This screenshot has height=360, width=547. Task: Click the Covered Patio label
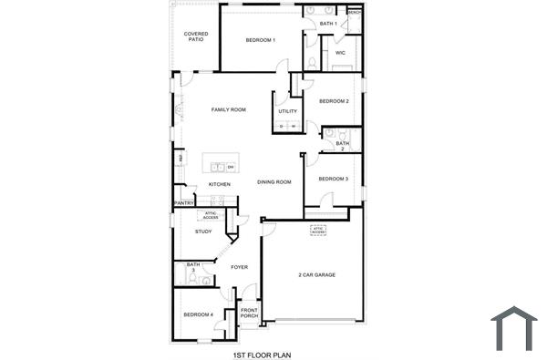click(196, 36)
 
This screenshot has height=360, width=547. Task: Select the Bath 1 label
click(329, 23)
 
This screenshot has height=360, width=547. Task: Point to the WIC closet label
click(340, 53)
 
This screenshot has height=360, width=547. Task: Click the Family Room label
click(229, 109)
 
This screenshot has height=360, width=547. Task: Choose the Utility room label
click(287, 111)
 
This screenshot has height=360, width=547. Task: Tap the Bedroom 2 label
click(334, 101)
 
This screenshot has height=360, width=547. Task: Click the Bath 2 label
click(342, 146)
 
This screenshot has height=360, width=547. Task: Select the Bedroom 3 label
click(333, 179)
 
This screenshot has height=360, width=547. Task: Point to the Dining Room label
click(273, 182)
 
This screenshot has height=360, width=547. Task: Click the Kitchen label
click(220, 184)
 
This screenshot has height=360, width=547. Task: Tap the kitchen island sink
click(219, 167)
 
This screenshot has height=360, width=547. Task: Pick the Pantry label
click(183, 203)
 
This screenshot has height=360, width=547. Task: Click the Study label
click(203, 231)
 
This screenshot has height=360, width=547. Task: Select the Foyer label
click(239, 267)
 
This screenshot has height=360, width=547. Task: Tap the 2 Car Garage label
click(316, 274)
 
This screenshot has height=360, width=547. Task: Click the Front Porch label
click(249, 313)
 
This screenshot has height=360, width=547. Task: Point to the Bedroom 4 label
click(198, 314)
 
